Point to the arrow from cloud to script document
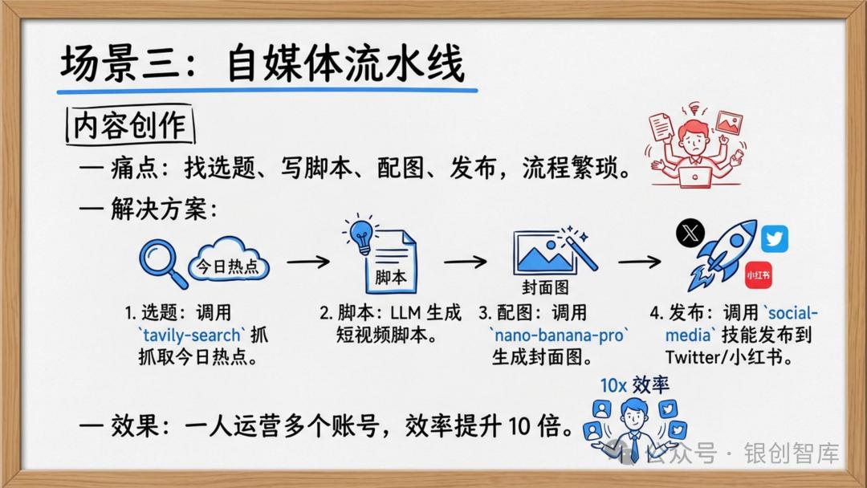pyautogui.click(x=308, y=262)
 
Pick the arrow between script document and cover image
pyautogui.click(x=466, y=262)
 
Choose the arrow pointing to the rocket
pyautogui.click(x=639, y=262)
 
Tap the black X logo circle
pyautogui.click(x=690, y=233)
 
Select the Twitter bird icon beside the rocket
pyautogui.click(x=775, y=238)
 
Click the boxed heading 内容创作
pyautogui.click(x=129, y=125)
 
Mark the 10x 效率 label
pyautogui.click(x=635, y=384)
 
